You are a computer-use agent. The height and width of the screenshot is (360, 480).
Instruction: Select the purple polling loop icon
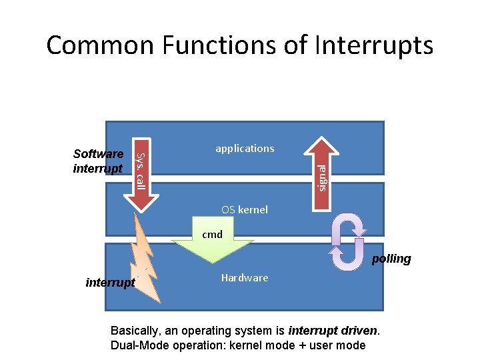pyautogui.click(x=348, y=242)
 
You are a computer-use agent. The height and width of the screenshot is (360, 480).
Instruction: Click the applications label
pyautogui.click(x=245, y=149)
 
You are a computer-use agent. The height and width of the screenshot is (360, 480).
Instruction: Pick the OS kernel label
pyautogui.click(x=245, y=209)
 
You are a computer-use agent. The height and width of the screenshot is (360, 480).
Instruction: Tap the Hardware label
pyautogui.click(x=245, y=277)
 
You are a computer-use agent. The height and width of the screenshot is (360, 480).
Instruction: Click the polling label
pyautogui.click(x=391, y=259)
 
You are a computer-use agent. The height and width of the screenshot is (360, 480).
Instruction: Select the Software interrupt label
pyautogui.click(x=98, y=161)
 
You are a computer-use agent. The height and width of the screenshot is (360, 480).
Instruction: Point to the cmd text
pyautogui.click(x=212, y=235)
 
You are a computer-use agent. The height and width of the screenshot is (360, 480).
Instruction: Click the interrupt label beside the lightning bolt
pyautogui.click(x=110, y=283)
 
